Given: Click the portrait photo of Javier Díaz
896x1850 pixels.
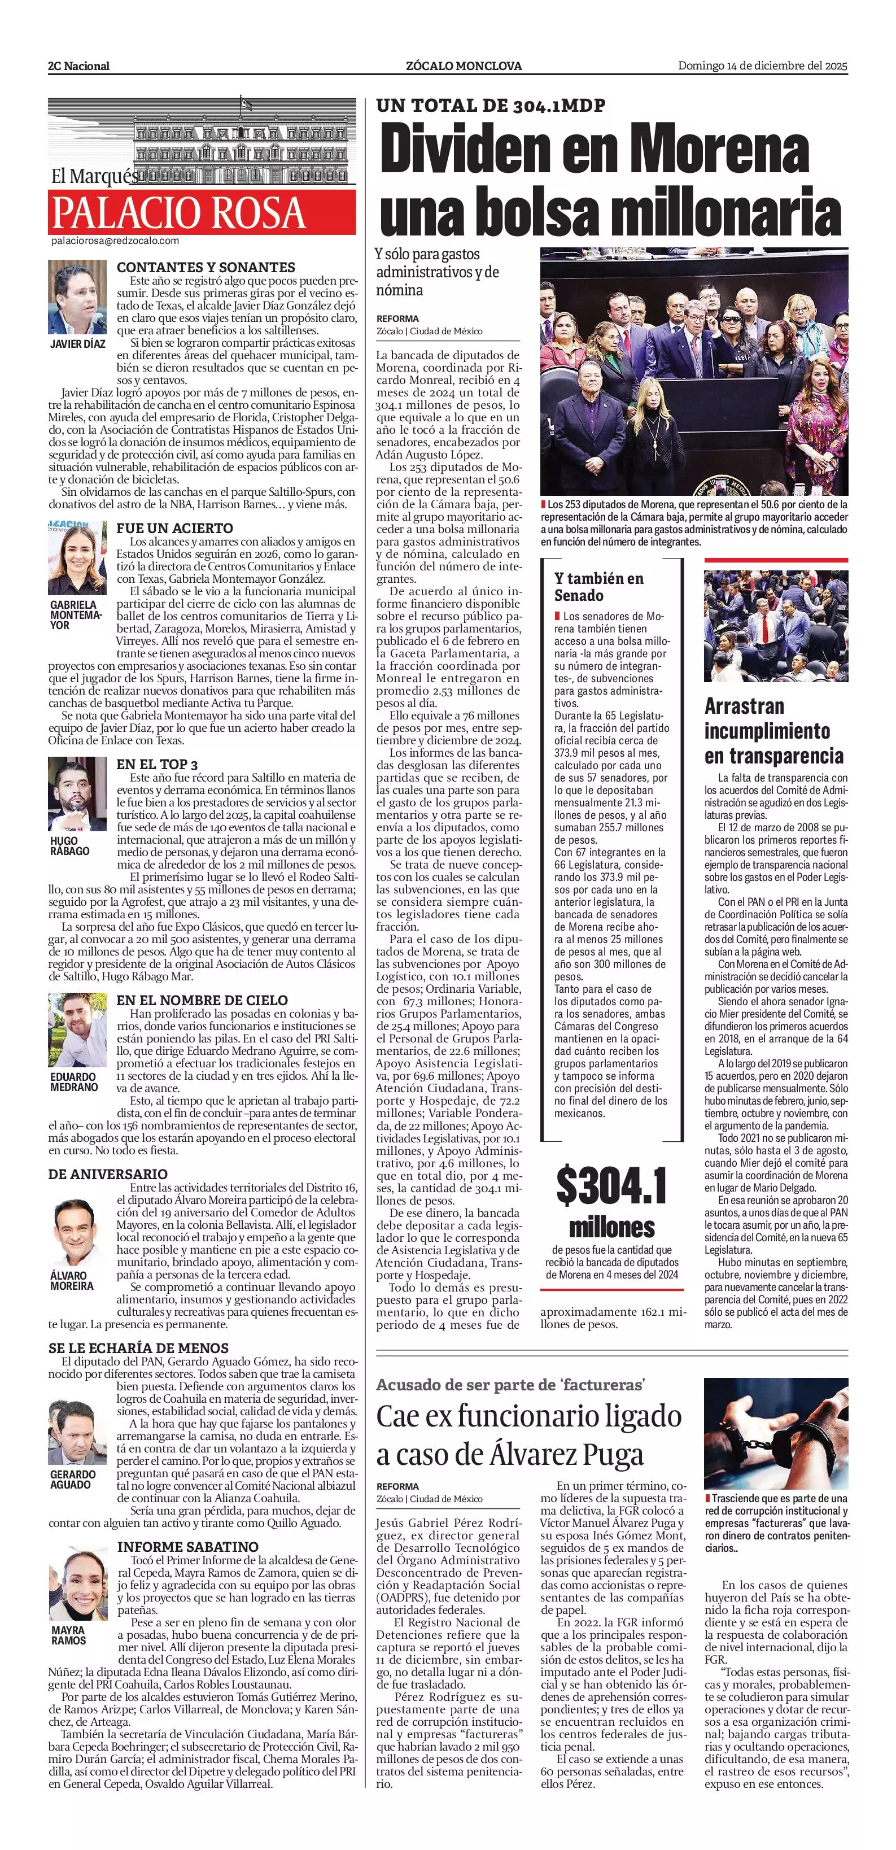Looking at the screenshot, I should point(77,296).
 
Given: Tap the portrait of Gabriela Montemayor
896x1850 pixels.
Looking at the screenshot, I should point(77,557).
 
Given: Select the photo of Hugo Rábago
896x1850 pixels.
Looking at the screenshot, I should point(77,793).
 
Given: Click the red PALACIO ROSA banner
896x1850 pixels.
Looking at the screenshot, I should point(202,212).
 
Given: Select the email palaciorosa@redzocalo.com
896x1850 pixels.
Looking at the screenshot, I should point(115,241).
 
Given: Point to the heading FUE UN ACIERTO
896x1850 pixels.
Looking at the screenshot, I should point(174,528).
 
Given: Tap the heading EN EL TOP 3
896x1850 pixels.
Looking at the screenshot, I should point(157,764).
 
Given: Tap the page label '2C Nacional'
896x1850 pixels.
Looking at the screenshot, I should point(79,66).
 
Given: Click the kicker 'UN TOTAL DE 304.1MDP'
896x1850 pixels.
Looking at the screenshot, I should point(491,106).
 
